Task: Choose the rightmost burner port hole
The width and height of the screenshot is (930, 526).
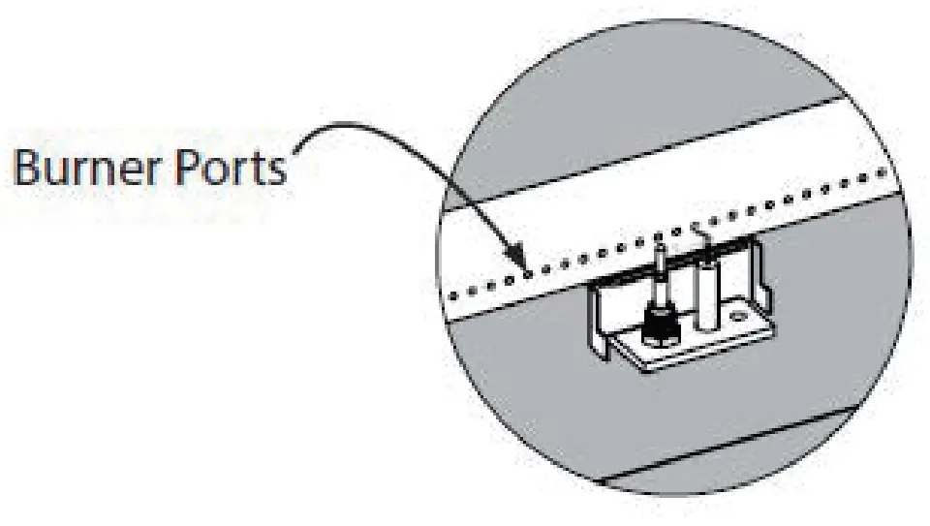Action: (x=882, y=171)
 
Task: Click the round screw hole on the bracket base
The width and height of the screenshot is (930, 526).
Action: (x=740, y=316)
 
